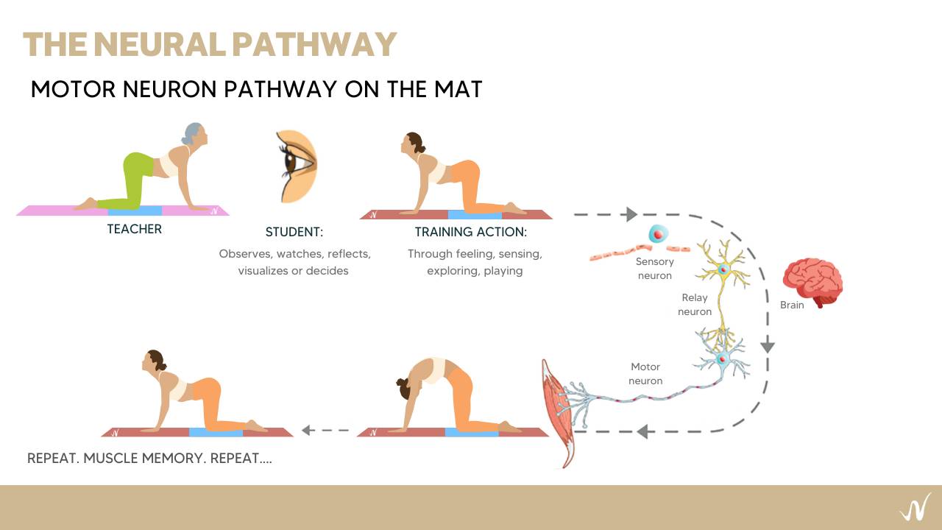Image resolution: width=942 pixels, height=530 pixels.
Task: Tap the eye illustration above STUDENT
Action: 296,166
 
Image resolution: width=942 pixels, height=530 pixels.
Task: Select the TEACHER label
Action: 134,229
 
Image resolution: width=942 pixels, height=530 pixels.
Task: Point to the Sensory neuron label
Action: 654,269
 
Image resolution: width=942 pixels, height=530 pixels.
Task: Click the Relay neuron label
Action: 695,305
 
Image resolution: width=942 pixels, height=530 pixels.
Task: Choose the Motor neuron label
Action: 645,374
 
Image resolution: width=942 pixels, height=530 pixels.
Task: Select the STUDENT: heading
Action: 294,232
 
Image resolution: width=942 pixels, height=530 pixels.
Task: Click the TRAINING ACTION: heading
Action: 471,232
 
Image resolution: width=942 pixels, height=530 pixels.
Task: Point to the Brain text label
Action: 792,305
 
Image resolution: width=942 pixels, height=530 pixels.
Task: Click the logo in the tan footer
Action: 914,508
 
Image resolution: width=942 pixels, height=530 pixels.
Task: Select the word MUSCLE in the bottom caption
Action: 113,458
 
